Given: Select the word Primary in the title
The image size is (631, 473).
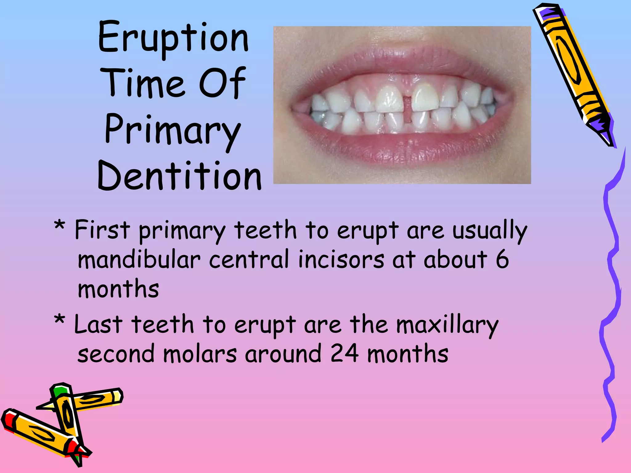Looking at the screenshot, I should (173, 131).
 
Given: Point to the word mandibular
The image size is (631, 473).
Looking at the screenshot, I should (139, 260).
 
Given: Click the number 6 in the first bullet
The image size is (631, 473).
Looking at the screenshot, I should (502, 260).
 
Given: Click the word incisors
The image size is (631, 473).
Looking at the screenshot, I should (341, 260).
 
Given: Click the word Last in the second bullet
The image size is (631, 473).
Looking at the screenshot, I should (98, 325).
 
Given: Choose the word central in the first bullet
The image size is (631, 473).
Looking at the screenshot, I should (249, 260).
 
